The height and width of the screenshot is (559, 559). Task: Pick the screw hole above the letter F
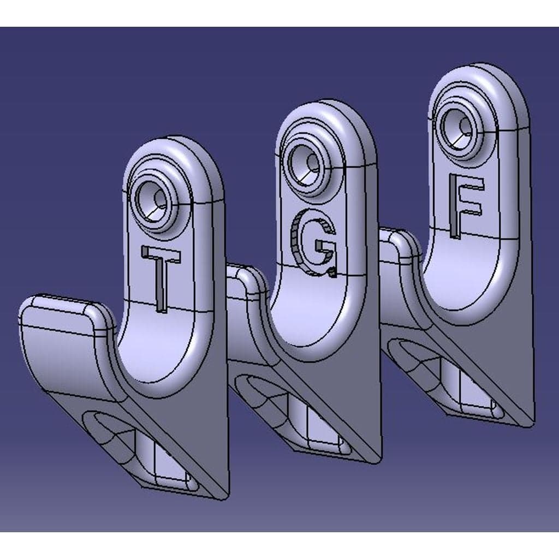(460, 128)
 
